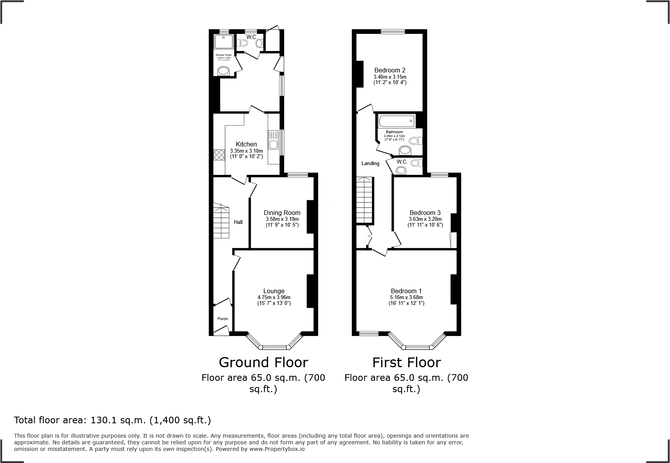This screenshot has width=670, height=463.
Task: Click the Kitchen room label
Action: coord(246,144)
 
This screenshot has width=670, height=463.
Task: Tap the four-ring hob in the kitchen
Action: coord(219,155)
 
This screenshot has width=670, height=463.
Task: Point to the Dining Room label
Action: coord(282,213)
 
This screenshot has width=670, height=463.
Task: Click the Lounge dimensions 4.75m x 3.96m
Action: coord(274,297)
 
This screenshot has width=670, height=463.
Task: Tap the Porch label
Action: coord(223,319)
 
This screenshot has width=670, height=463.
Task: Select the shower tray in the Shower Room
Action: coord(223,43)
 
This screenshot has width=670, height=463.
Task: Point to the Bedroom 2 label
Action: coord(390,70)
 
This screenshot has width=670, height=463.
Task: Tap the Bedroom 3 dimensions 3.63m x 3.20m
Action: coord(425,219)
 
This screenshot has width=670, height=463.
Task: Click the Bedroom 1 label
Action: coord(406,291)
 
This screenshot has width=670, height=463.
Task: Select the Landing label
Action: coord(370,163)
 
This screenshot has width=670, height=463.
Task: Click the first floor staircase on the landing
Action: coord(365,201)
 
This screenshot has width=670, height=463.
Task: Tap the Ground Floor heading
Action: coord(263,362)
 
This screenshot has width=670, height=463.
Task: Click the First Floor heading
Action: coord(406,362)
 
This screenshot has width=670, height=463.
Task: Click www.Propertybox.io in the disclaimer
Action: coord(277,449)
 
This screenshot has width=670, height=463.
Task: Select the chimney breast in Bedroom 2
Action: coord(360,74)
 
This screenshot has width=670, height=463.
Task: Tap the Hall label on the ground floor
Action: coord(238,222)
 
